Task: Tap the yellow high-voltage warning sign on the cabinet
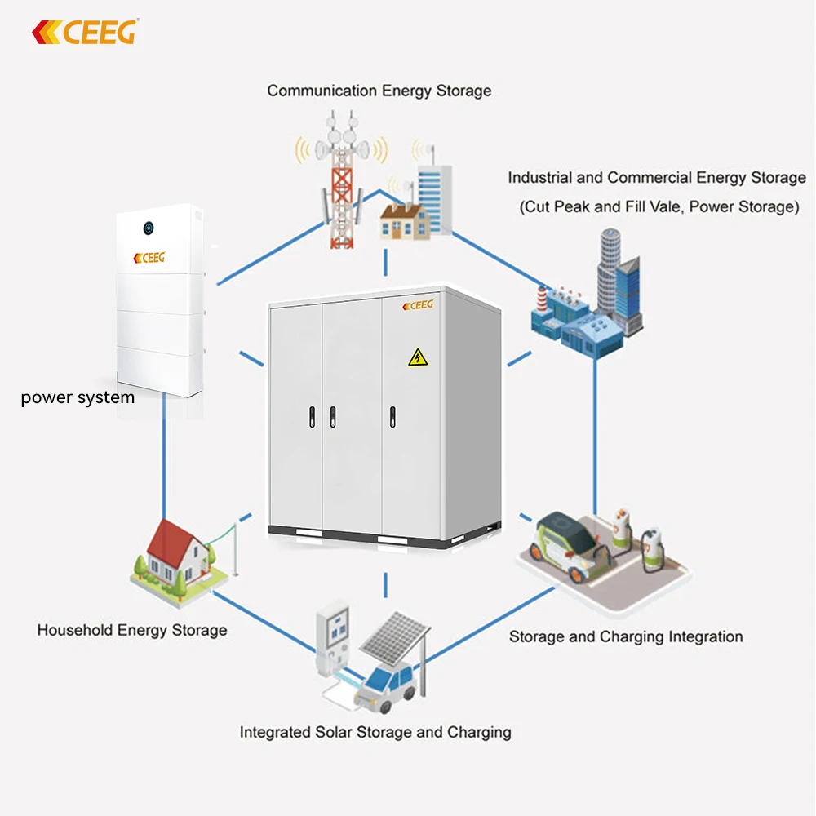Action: point(417,357)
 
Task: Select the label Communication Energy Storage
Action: point(379,91)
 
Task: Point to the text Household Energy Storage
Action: point(132,630)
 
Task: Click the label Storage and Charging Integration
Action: point(626,636)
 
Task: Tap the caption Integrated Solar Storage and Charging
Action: point(375,732)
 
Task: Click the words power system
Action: point(78,398)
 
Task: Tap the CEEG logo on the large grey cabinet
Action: point(419,304)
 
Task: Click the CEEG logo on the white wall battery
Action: point(149,257)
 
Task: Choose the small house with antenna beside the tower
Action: point(403,216)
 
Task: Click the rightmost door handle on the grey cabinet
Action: point(392,416)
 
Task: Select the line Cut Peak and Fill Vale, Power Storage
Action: point(659,206)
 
